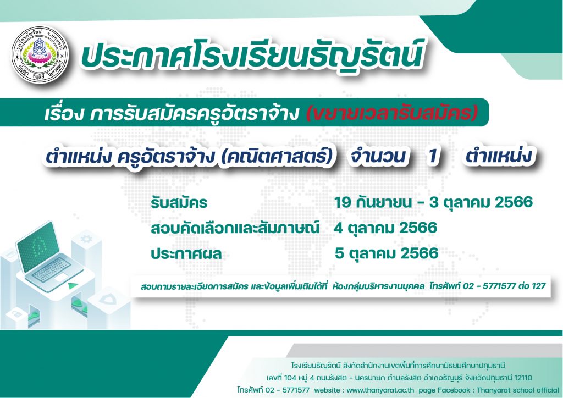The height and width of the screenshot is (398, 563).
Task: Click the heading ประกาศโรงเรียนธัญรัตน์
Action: [252, 56]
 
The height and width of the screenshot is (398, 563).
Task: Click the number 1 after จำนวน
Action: [433, 156]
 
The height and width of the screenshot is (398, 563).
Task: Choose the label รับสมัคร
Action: [179, 203]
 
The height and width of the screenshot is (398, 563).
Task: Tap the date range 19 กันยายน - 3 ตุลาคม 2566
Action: [433, 202]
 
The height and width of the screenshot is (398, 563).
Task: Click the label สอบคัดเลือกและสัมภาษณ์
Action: [235, 228]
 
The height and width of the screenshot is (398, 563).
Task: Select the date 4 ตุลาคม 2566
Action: [385, 228]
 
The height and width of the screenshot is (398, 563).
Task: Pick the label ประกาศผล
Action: [186, 254]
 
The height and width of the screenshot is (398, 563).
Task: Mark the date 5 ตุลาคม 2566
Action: [387, 253]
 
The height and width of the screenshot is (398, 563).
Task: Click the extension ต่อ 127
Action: [533, 286]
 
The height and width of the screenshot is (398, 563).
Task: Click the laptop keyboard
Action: [53, 269]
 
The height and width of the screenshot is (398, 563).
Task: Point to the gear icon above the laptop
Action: [86, 239]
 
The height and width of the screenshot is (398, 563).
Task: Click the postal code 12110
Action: [522, 378]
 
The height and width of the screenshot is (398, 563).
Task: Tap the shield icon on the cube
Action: [108, 299]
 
